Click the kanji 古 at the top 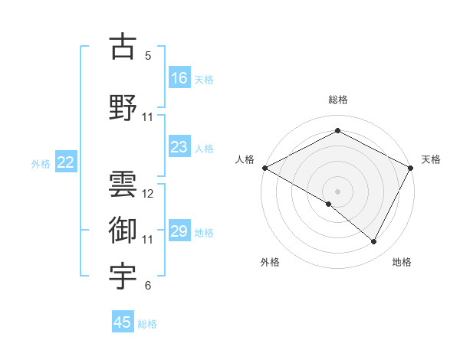(123, 47)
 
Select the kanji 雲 (123, 184)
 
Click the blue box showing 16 (179, 78)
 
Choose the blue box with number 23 (179, 147)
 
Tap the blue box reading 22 (66, 162)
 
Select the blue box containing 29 (179, 231)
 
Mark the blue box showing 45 (123, 322)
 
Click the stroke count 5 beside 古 (148, 56)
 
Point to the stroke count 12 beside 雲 (148, 194)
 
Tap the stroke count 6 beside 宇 (148, 286)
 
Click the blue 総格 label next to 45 (147, 323)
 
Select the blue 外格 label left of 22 (41, 163)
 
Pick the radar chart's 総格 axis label (337, 100)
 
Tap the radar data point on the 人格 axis (264, 168)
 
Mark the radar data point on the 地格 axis (374, 242)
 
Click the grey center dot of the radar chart (337, 191)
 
